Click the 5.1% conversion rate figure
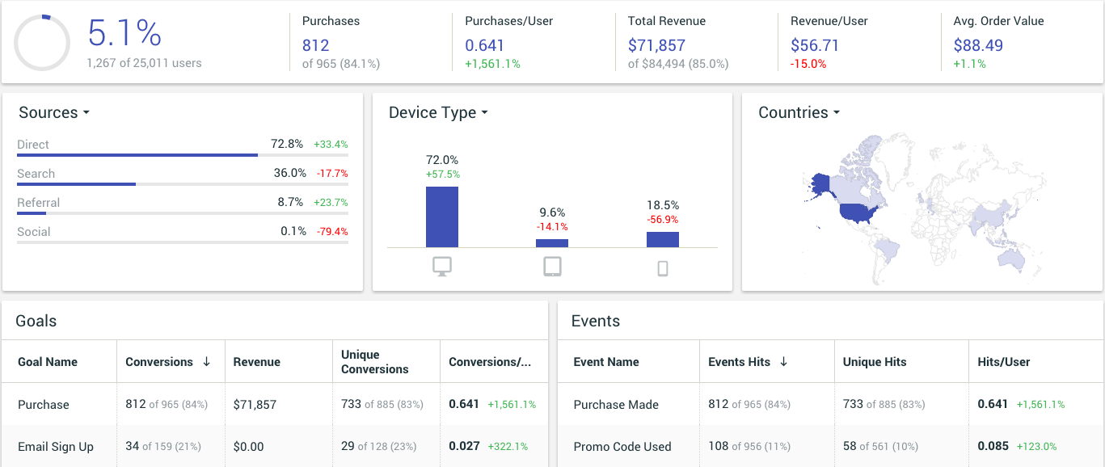pyautogui.click(x=124, y=34)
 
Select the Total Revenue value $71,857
pyautogui.click(x=656, y=45)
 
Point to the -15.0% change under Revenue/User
pyautogui.click(x=808, y=64)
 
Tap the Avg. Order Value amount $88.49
pyautogui.click(x=978, y=45)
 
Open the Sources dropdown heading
pyautogui.click(x=54, y=112)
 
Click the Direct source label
pyautogui.click(x=33, y=145)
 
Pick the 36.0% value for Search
pyautogui.click(x=289, y=173)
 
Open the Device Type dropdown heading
pyautogui.click(x=438, y=112)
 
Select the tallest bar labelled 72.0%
pyautogui.click(x=442, y=217)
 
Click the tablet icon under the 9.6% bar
pyautogui.click(x=552, y=267)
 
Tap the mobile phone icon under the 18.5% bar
pyautogui.click(x=663, y=268)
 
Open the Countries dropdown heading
pyautogui.click(x=799, y=112)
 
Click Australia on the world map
pyautogui.click(x=1010, y=256)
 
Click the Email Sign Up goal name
pyautogui.click(x=56, y=446)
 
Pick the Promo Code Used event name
pyautogui.click(x=622, y=446)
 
